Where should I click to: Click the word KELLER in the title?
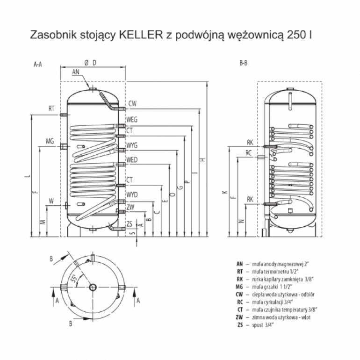tap(141, 35)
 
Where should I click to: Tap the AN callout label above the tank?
tap(76, 72)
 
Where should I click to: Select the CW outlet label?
tap(132, 103)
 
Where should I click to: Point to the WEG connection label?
tap(132, 120)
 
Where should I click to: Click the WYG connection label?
tap(132, 145)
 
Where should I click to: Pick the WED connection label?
tap(132, 160)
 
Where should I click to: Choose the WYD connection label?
tap(132, 194)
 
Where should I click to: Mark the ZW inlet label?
tap(130, 208)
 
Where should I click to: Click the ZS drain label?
tap(130, 223)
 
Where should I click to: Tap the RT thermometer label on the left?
tap(51, 108)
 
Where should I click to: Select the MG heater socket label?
tap(50, 141)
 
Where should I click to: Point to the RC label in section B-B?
tap(248, 153)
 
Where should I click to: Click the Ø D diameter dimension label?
tap(90, 63)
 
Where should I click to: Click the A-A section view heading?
tap(38, 65)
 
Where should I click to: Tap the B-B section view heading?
tap(244, 63)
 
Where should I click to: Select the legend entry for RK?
tap(275, 279)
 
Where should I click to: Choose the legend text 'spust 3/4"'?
tap(263, 325)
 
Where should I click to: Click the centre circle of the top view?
tap(93, 287)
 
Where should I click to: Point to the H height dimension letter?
tap(203, 159)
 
